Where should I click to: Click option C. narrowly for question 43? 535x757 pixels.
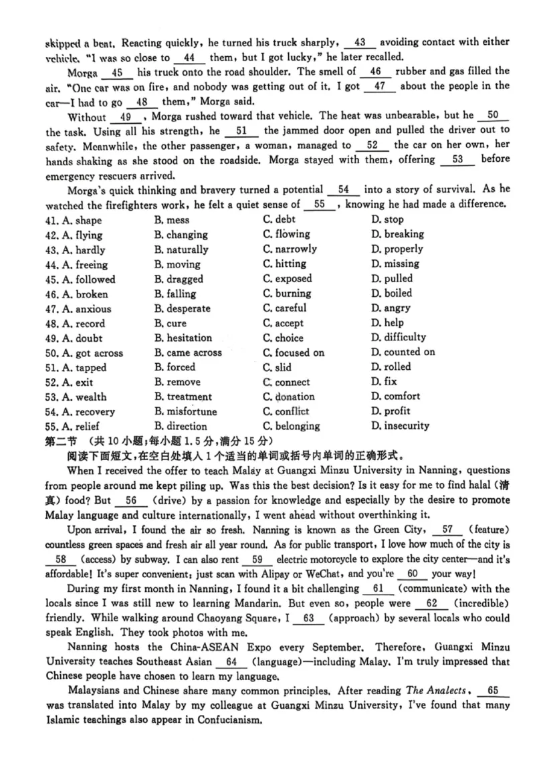tap(290, 249)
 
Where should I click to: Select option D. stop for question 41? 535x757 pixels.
tap(387, 220)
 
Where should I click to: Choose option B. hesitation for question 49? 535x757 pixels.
tap(183, 338)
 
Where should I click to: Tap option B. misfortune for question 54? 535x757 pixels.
tap(185, 411)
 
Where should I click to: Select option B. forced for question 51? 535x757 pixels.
tap(175, 367)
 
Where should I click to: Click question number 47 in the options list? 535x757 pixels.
tap(52, 309)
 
